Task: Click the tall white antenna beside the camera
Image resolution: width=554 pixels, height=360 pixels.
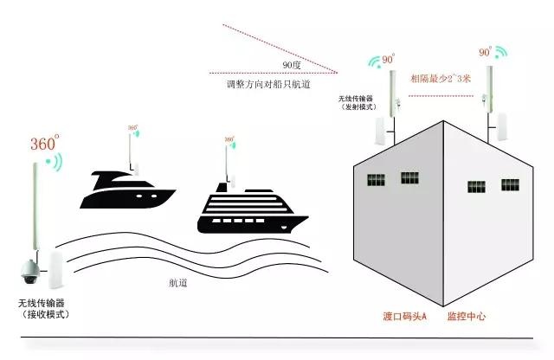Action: (37, 208)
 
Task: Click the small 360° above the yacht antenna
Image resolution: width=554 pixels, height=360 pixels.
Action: (132, 127)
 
